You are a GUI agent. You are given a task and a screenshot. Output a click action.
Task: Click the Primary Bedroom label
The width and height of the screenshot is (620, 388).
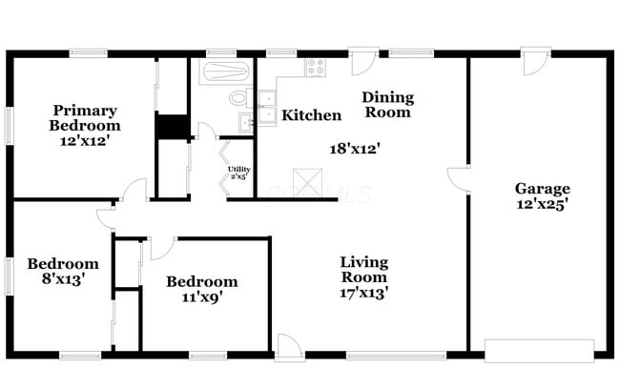coord(86,117)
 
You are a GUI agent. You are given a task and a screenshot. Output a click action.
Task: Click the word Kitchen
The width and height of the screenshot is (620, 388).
coord(311,115)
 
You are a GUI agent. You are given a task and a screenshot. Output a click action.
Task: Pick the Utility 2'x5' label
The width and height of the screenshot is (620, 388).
coord(238,173)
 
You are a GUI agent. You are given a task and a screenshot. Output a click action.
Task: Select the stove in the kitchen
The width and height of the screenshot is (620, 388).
coord(315,68)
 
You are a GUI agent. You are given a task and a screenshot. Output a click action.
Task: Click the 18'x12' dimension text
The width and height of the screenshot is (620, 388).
coord(355,149)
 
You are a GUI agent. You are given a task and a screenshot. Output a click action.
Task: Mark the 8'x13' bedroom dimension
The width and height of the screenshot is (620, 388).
coord(62,281)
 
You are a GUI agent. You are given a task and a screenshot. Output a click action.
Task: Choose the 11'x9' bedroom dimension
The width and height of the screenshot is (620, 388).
coord(201,298)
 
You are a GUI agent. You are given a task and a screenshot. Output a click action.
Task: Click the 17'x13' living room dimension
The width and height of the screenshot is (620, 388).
coord(364,293)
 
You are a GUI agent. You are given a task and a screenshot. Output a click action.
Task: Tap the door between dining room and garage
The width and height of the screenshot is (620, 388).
coord(459,180)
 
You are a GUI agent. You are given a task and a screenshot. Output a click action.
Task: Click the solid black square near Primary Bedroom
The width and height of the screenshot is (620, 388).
coord(172,127)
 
